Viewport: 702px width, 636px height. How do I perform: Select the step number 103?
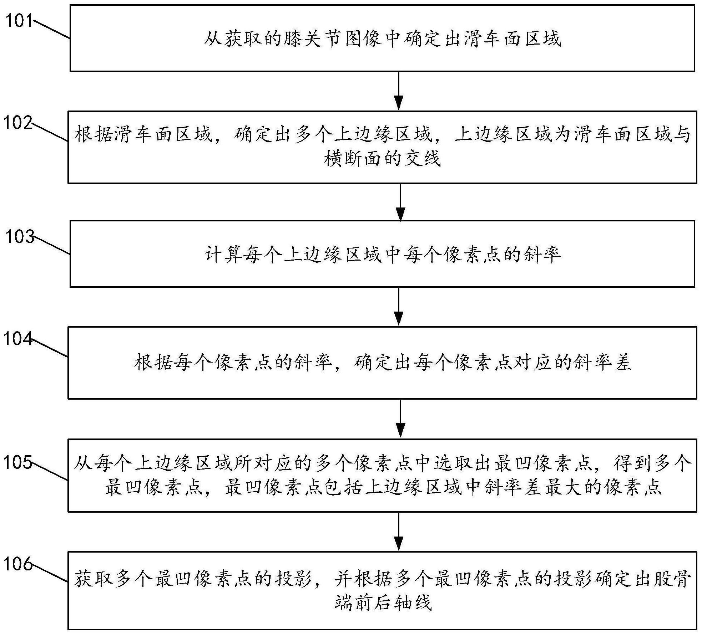point(20,236)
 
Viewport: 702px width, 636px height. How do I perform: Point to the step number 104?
point(18,338)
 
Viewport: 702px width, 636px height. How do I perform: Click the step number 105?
point(18,463)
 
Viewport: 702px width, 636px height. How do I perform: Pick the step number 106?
point(18,564)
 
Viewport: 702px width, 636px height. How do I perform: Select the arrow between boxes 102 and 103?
point(401,202)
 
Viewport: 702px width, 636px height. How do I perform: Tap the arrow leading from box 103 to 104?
point(398,307)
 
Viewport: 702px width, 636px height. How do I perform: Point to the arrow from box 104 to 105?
point(401,419)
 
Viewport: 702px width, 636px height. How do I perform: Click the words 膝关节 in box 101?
point(303,39)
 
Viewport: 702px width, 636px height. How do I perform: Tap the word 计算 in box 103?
point(224,255)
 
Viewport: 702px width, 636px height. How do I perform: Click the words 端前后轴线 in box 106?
point(383,603)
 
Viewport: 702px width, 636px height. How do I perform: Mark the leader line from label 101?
point(52,30)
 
